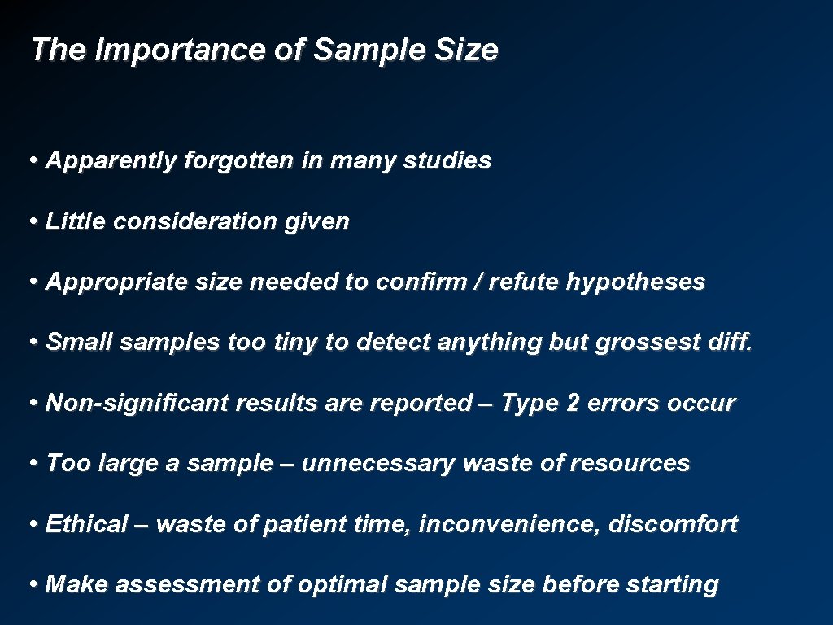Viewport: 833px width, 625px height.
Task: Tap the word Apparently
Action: pyautogui.click(x=111, y=161)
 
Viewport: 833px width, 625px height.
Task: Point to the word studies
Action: pyautogui.click(x=450, y=161)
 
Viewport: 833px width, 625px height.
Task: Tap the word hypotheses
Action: pyautogui.click(x=635, y=282)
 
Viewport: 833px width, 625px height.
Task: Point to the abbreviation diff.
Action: pyautogui.click(x=730, y=343)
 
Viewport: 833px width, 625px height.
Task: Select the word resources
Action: pyautogui.click(x=630, y=464)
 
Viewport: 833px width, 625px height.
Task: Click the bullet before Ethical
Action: pyautogui.click(x=33, y=524)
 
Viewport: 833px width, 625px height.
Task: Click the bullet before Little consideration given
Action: pyautogui.click(x=33, y=221)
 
